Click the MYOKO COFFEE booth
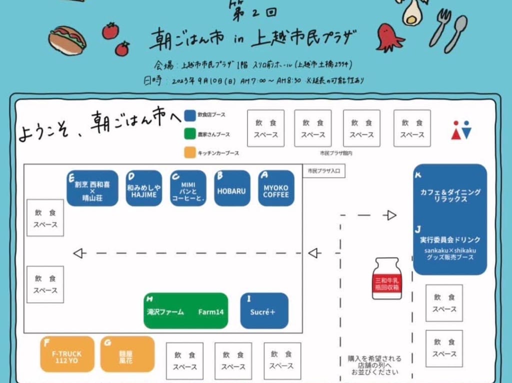276,188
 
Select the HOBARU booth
232,188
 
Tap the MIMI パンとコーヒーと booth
188,188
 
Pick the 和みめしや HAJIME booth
144,188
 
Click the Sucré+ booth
264,311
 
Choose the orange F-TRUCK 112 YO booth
67,354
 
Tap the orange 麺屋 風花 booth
127,354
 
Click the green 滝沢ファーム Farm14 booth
185,311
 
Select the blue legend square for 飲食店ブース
189,116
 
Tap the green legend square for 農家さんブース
189,134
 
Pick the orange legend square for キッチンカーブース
189,153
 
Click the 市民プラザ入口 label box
324,171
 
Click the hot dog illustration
67,38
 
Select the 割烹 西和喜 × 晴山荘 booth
92,188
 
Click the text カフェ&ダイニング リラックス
450,195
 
